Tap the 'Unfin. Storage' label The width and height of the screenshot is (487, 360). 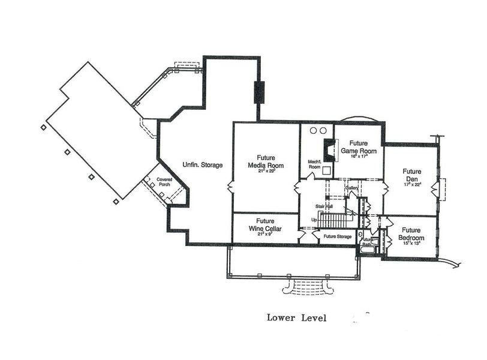[203, 165]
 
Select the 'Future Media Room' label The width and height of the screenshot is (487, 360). [265, 161]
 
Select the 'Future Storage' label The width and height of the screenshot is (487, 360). [337, 236]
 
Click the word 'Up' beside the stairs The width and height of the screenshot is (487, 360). [314, 220]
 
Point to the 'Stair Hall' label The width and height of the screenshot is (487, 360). [324, 206]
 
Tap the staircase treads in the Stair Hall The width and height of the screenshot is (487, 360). [329, 220]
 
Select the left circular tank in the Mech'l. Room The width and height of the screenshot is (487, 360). [312, 130]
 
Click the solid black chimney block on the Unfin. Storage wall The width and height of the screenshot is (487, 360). [259, 92]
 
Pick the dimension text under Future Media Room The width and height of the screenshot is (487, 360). [265, 171]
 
